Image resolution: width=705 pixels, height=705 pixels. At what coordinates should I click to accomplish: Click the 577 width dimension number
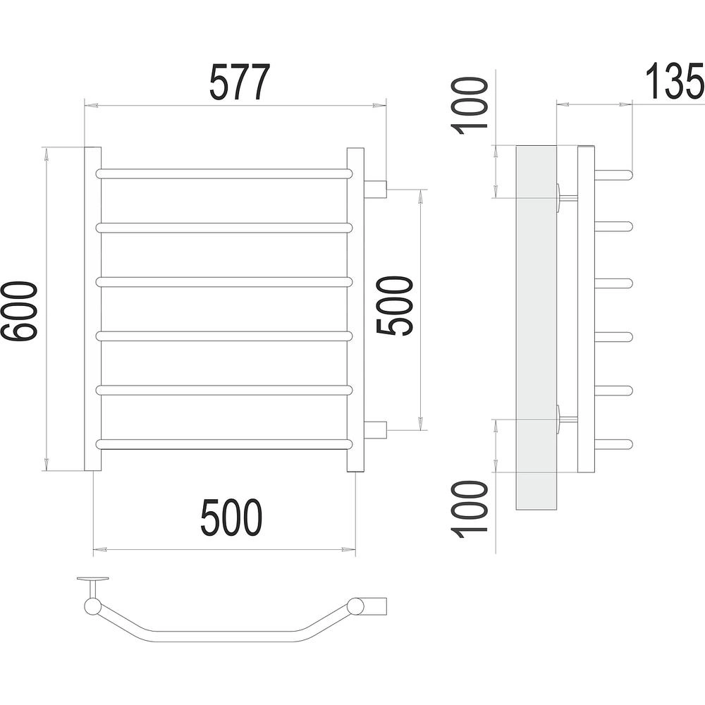pyautogui.click(x=240, y=82)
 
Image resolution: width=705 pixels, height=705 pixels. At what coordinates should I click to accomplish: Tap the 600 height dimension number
pyautogui.click(x=18, y=311)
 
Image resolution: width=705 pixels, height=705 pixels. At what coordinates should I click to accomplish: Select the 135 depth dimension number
pyautogui.click(x=675, y=81)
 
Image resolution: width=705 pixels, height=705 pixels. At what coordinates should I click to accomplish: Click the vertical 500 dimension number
pyautogui.click(x=394, y=306)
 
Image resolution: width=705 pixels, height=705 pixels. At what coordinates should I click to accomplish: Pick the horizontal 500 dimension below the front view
pyautogui.click(x=231, y=517)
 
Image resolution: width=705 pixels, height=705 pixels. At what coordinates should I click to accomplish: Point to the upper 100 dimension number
pyautogui.click(x=469, y=106)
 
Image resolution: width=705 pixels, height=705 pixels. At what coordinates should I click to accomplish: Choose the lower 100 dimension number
pyautogui.click(x=469, y=510)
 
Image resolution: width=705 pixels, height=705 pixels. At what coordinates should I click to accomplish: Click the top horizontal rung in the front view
pyautogui.click(x=223, y=174)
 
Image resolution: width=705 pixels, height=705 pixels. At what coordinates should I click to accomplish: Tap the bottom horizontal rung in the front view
pyautogui.click(x=223, y=444)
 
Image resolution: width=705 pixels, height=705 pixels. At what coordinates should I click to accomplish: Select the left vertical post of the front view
pyautogui.click(x=93, y=309)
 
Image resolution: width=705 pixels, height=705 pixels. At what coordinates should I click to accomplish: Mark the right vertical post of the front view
pyautogui.click(x=355, y=309)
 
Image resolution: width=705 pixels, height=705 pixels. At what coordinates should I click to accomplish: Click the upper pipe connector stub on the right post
pyautogui.click(x=376, y=189)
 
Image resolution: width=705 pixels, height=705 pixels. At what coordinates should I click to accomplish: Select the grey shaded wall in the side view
pyautogui.click(x=537, y=327)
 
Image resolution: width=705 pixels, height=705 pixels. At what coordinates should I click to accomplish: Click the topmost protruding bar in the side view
pyautogui.click(x=614, y=174)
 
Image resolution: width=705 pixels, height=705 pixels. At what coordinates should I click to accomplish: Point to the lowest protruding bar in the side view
pyautogui.click(x=614, y=444)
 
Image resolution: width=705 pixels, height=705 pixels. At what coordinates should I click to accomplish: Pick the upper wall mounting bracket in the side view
pyautogui.click(x=567, y=197)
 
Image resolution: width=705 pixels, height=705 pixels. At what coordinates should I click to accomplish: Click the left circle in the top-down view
pyautogui.click(x=93, y=606)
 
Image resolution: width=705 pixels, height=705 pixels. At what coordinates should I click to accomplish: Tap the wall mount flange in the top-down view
pyautogui.click(x=94, y=579)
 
